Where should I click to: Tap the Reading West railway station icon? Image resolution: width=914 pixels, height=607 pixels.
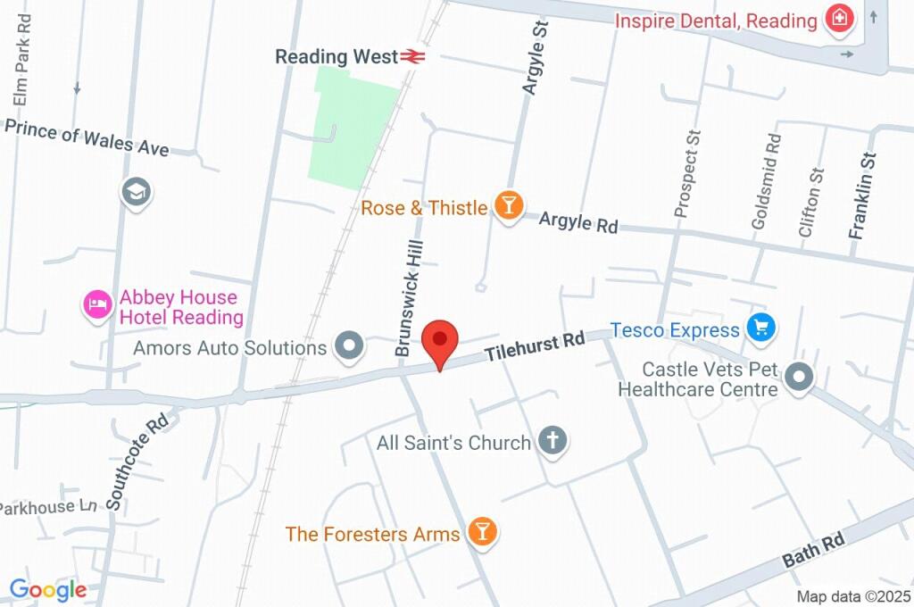point(412,57)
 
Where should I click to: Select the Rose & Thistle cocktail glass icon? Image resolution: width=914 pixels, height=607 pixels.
point(508,207)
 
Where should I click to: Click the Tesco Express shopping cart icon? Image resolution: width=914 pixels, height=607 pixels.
point(760,328)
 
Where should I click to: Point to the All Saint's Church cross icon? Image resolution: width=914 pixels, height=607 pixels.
point(553,441)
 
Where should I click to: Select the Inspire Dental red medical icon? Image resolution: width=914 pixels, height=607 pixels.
point(838,19)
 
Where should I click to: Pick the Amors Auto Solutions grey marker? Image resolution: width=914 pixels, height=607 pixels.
point(346,345)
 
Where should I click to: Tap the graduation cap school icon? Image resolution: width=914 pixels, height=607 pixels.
point(137,192)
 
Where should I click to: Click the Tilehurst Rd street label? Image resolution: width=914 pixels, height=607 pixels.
point(535,346)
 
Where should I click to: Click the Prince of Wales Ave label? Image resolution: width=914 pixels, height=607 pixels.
point(87,137)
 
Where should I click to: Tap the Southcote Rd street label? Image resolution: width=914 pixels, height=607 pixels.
point(137,461)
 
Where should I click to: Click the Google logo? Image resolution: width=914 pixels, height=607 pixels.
point(47,589)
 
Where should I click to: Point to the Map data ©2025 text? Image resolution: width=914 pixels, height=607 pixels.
point(852,596)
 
